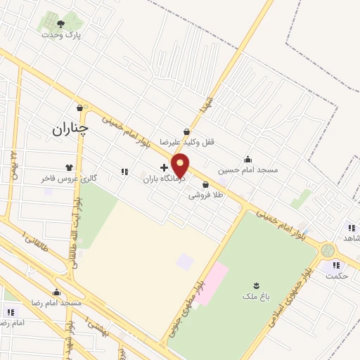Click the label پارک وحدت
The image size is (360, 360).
61,34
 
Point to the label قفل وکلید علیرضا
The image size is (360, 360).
186,141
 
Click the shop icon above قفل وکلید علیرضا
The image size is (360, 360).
186,131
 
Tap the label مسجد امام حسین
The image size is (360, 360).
247,169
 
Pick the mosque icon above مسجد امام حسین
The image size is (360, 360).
247,159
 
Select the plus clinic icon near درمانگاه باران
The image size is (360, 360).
164,167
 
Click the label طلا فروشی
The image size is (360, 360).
205,195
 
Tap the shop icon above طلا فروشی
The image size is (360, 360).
205,185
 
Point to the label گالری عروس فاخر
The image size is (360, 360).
68,179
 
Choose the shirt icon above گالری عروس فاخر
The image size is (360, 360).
69,167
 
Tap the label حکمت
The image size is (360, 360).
337,276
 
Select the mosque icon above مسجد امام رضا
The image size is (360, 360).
56,292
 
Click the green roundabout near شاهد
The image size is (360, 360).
327,250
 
